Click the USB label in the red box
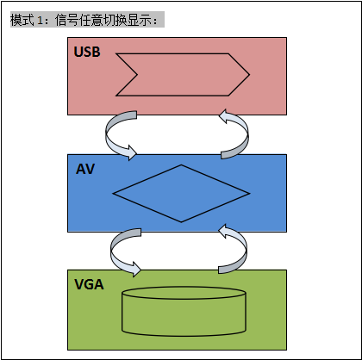tap(87, 52)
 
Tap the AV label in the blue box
tap(85, 169)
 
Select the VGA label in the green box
tap(89, 284)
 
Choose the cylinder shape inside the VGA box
tap(184, 312)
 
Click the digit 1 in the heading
tap(40, 20)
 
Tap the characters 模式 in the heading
tap(22, 20)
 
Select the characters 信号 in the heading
tap(66, 20)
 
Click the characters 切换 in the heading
tap(115, 20)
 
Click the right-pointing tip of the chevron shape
tap(249, 75)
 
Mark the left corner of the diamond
tap(113, 194)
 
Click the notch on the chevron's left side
tap(137, 75)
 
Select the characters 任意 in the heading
tap(90, 20)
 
